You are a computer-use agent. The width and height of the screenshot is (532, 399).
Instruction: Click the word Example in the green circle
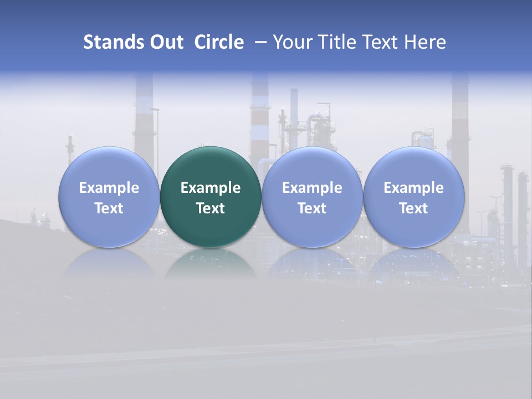pos(211,188)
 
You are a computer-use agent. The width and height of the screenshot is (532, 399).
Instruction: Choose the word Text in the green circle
pos(211,208)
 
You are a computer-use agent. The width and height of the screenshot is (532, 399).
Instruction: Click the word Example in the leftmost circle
pos(109,188)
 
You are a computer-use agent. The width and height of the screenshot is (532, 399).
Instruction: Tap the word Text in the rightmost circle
pos(413,208)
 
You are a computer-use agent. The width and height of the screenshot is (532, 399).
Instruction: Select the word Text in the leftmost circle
pos(109,208)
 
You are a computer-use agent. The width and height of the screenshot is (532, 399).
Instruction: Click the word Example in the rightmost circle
pos(413,188)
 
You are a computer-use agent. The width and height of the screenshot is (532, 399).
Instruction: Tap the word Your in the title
pos(290,42)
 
